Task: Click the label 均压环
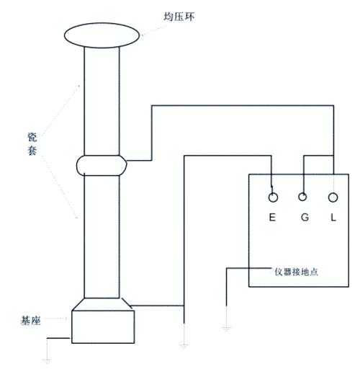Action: click(x=179, y=17)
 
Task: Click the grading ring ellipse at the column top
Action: click(x=102, y=23)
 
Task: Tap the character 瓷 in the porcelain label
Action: click(x=32, y=137)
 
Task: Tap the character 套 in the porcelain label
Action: click(x=32, y=151)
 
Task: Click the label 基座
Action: click(x=30, y=321)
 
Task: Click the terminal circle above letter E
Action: click(x=273, y=197)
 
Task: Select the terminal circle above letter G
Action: click(x=302, y=197)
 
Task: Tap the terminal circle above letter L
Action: click(x=333, y=197)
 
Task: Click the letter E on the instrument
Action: click(x=272, y=217)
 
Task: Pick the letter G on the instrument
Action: click(x=305, y=217)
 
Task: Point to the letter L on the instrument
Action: click(x=333, y=217)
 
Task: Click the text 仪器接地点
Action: click(x=297, y=272)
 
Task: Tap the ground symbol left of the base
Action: click(x=47, y=360)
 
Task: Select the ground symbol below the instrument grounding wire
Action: click(x=226, y=328)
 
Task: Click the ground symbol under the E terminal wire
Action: click(x=184, y=346)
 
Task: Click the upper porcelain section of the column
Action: click(x=102, y=101)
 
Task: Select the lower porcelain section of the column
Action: click(x=102, y=236)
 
